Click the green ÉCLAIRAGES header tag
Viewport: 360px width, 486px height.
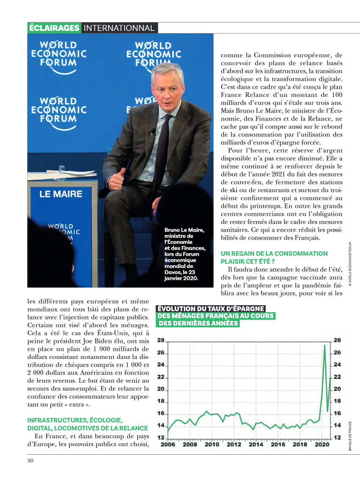54,28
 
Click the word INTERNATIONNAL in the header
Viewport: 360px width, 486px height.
119,28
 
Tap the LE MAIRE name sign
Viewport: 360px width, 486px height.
61,194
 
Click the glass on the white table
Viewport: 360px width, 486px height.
62,169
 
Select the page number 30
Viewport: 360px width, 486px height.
30,460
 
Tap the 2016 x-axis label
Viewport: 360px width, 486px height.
278,444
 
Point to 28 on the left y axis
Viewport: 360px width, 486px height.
161,340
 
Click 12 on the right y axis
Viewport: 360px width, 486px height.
337,437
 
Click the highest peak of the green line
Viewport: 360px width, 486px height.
324,345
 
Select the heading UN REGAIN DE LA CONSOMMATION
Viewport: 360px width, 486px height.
274,253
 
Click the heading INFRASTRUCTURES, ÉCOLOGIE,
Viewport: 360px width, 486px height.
75,420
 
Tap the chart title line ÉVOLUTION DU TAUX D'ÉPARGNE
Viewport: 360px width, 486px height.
211,309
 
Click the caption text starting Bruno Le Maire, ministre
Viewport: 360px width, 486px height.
185,254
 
